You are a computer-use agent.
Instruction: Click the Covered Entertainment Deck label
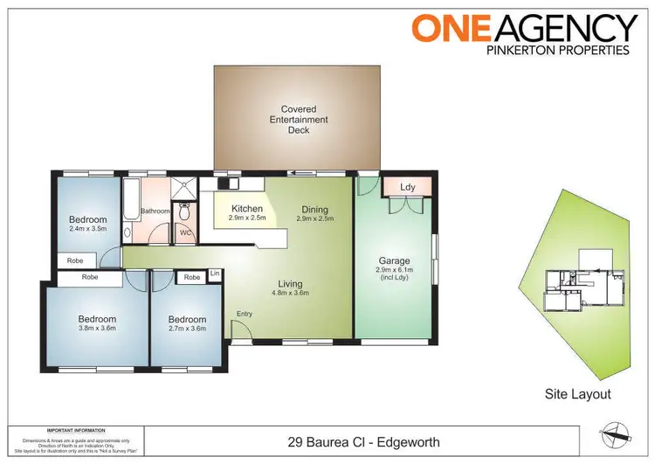[298, 120]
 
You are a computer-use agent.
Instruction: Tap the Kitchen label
[247, 208]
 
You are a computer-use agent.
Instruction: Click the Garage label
[394, 260]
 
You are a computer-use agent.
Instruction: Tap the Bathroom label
[155, 211]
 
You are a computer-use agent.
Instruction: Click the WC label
[185, 233]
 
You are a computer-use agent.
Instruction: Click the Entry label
[243, 313]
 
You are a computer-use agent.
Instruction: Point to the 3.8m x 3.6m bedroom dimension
[97, 329]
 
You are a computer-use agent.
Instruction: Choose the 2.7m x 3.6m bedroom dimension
[187, 329]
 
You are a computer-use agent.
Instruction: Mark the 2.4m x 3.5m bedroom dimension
[87, 229]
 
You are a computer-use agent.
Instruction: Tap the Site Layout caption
[577, 394]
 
